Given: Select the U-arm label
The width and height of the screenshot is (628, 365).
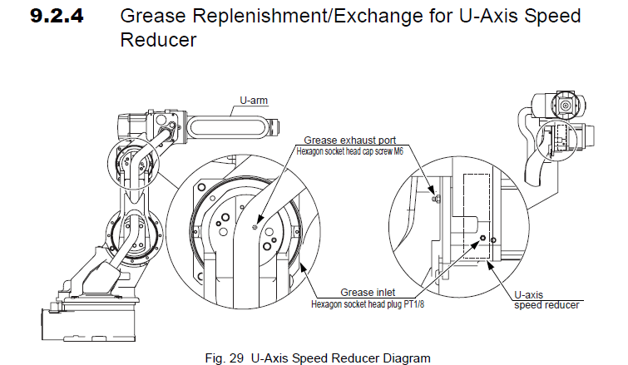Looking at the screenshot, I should pos(254,101).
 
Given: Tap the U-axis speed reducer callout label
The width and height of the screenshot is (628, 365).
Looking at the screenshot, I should pos(546,299).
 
